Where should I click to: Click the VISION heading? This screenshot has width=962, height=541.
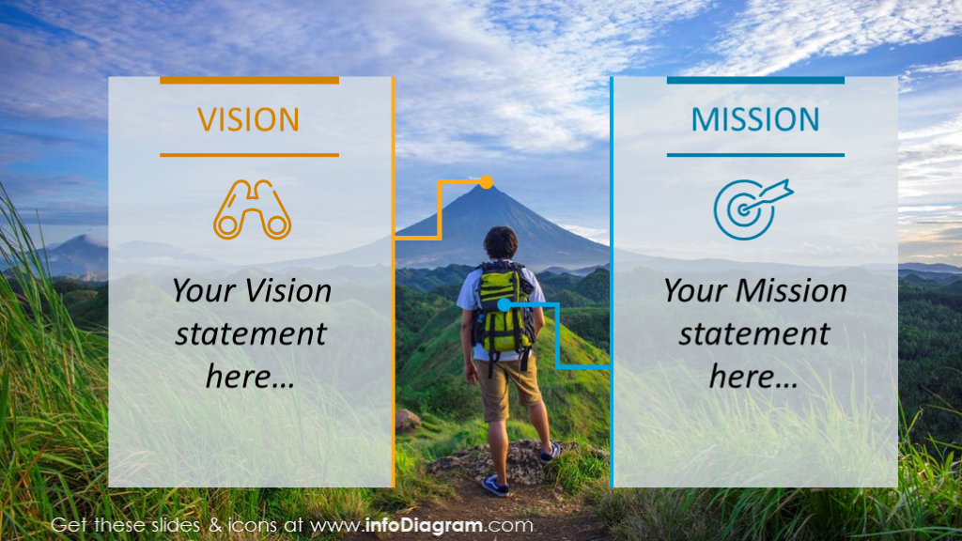pos(248,119)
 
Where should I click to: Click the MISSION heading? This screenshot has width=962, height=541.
pos(755,119)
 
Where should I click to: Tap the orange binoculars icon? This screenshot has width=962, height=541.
pos(252,209)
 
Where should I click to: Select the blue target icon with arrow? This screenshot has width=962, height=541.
pos(751,208)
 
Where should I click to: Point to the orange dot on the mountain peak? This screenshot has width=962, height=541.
pos(486,181)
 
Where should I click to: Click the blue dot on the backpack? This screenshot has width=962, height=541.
pos(504,304)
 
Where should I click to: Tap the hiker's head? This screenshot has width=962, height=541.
pos(501,242)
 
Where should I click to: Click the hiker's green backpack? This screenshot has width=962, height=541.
pos(504,305)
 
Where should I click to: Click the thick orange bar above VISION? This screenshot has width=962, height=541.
pos(249,81)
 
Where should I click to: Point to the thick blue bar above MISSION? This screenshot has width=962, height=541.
pos(755,81)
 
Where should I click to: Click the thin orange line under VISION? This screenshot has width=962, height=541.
pos(249,154)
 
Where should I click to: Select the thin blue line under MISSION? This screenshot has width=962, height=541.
pos(755,154)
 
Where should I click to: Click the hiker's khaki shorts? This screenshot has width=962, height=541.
pos(508,385)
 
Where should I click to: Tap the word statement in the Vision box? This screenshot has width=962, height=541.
pos(251,333)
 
